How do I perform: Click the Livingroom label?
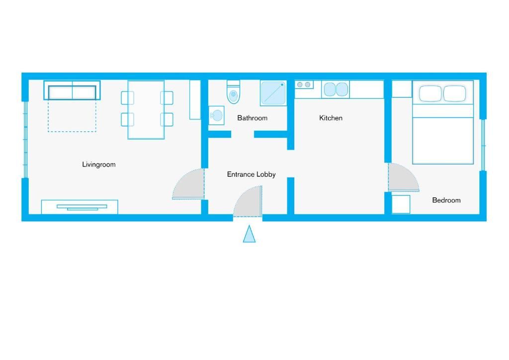pyautogui.click(x=99, y=165)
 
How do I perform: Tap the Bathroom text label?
pyautogui.click(x=252, y=118)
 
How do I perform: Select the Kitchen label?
pyautogui.click(x=331, y=118)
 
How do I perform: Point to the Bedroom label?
pyautogui.click(x=446, y=200)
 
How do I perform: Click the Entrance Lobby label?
pyautogui.click(x=251, y=175)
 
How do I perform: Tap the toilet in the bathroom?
pyautogui.click(x=233, y=92)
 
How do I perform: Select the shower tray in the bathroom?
pyautogui.click(x=273, y=93)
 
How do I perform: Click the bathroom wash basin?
pyautogui.click(x=217, y=115)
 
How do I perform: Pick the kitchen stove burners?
pyautogui.click(x=304, y=85)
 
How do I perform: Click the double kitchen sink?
pyautogui.click(x=336, y=90)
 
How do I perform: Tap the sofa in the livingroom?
pyautogui.click(x=72, y=90)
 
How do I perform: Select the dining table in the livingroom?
pyautogui.click(x=146, y=110)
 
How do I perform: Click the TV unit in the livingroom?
pyautogui.click(x=80, y=207)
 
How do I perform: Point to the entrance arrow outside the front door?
pyautogui.click(x=250, y=234)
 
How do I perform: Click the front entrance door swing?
pyautogui.click(x=248, y=201)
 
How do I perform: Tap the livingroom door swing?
pyautogui.click(x=188, y=184)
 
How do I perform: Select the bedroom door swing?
pyautogui.click(x=404, y=177)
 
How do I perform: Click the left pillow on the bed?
pyautogui.click(x=430, y=93)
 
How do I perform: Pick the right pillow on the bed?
pyautogui.click(x=455, y=93)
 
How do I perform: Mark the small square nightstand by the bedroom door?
pyautogui.click(x=401, y=204)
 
